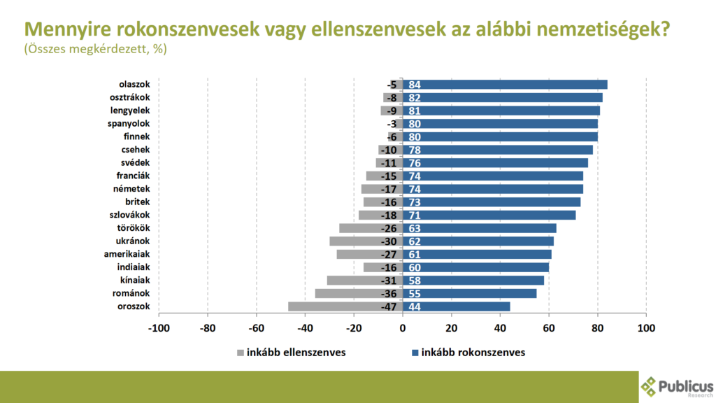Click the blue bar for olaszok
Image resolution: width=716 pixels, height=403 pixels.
coord(505,85)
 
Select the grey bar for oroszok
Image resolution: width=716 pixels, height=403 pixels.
coord(345,306)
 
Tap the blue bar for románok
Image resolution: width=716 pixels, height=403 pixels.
coord(469,293)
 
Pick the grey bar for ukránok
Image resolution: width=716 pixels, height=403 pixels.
coord(366,241)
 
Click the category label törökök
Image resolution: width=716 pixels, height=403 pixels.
coord(134,228)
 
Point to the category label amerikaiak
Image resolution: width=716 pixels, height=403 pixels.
coord(127,254)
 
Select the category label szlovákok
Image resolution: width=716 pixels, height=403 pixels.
coord(129,215)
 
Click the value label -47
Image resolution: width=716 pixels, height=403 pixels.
coord(389,307)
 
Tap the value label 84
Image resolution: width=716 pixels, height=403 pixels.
coord(415,85)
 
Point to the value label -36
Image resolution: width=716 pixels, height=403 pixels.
coord(389,294)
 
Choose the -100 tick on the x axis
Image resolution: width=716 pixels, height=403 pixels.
coord(159,328)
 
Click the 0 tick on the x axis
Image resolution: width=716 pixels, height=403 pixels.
coord(402,328)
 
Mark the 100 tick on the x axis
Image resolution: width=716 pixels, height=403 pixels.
coord(646,328)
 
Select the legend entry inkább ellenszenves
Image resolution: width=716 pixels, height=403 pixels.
coord(292,353)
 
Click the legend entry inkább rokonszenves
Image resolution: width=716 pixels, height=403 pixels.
coord(468,353)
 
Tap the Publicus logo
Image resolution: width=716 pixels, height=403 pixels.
coord(677,387)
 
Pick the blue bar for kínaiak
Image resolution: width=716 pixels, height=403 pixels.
coord(473,281)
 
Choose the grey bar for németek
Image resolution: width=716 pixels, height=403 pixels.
coord(382,189)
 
